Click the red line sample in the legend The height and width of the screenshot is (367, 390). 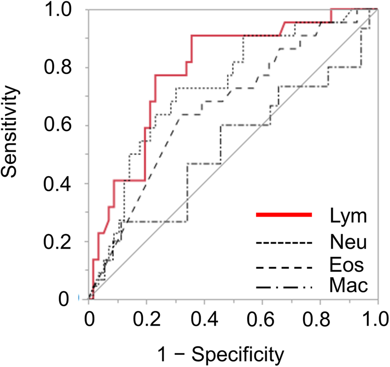(283, 215)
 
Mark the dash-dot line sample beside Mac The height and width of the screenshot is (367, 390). (283, 287)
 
